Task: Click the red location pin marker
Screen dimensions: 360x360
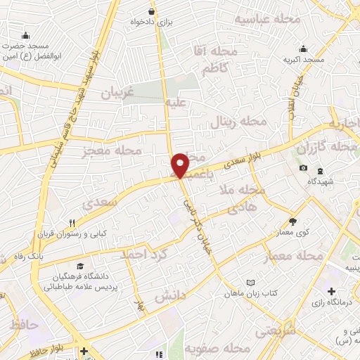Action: coord(181,165)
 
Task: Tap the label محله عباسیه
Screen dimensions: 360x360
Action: coord(267,19)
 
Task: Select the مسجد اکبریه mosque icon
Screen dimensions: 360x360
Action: coord(304,49)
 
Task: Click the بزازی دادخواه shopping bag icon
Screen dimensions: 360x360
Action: coord(152,11)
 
